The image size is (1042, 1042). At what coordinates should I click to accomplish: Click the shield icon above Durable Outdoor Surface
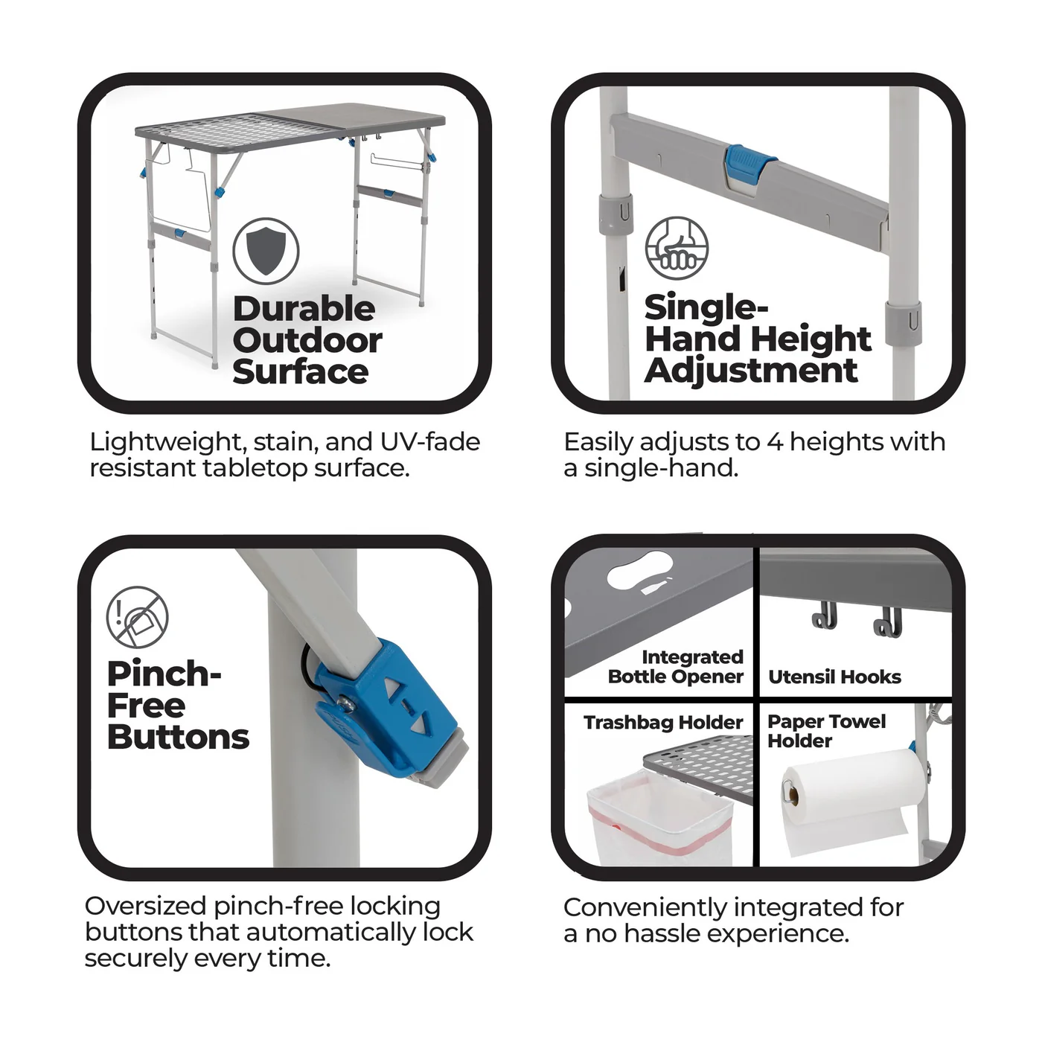[x=266, y=251]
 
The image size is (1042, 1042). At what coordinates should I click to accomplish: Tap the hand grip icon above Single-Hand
[x=677, y=248]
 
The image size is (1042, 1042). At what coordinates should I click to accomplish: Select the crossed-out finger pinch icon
[x=138, y=616]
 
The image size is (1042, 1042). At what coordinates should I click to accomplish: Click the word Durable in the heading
[x=304, y=310]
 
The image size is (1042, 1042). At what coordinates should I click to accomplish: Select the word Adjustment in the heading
[x=751, y=371]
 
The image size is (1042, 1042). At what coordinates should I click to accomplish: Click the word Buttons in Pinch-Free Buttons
[x=179, y=737]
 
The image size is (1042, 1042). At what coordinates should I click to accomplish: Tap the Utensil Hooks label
[x=834, y=677]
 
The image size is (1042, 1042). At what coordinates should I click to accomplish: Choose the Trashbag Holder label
[x=663, y=722]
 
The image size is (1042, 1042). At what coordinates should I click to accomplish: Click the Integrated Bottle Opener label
[x=675, y=666]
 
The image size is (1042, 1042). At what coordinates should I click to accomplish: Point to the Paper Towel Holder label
[x=826, y=731]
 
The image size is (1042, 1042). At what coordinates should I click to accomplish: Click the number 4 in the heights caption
[x=774, y=442]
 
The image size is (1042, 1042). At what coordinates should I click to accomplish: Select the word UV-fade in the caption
[x=430, y=442]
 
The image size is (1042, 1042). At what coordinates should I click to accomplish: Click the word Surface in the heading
[x=300, y=372]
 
